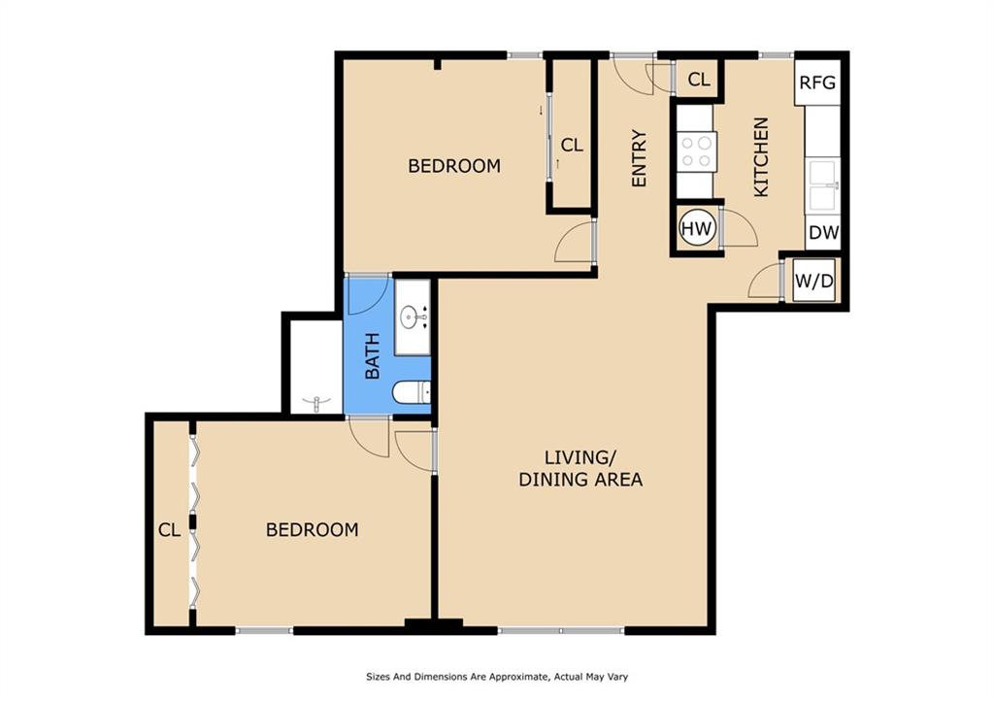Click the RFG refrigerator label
pyautogui.click(x=817, y=83)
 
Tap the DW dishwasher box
pyautogui.click(x=823, y=233)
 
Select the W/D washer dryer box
pyautogui.click(x=814, y=281)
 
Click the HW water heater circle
pyautogui.click(x=697, y=228)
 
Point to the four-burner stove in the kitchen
pyautogui.click(x=696, y=152)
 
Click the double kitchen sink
pyautogui.click(x=823, y=185)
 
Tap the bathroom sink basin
pyautogui.click(x=413, y=316)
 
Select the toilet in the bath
pyautogui.click(x=412, y=393)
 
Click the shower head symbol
pyautogui.click(x=317, y=402)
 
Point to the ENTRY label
pyautogui.click(x=639, y=158)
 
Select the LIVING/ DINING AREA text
pyautogui.click(x=580, y=468)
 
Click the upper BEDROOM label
pyautogui.click(x=454, y=166)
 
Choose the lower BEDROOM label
pyautogui.click(x=312, y=529)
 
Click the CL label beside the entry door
pyautogui.click(x=699, y=80)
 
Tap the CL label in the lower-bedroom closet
pyautogui.click(x=169, y=529)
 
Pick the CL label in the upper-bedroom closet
pyautogui.click(x=572, y=146)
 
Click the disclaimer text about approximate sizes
pyautogui.click(x=497, y=677)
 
